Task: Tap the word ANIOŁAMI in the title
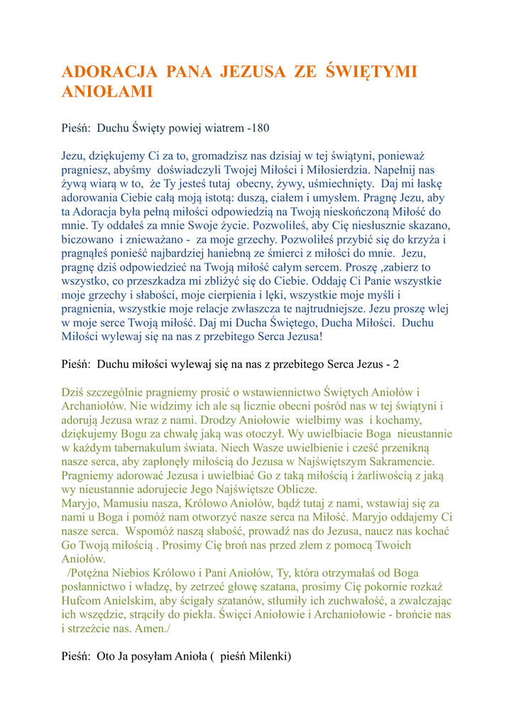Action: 108,92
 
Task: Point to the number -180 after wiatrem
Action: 258,129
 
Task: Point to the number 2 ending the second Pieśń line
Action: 396,364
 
